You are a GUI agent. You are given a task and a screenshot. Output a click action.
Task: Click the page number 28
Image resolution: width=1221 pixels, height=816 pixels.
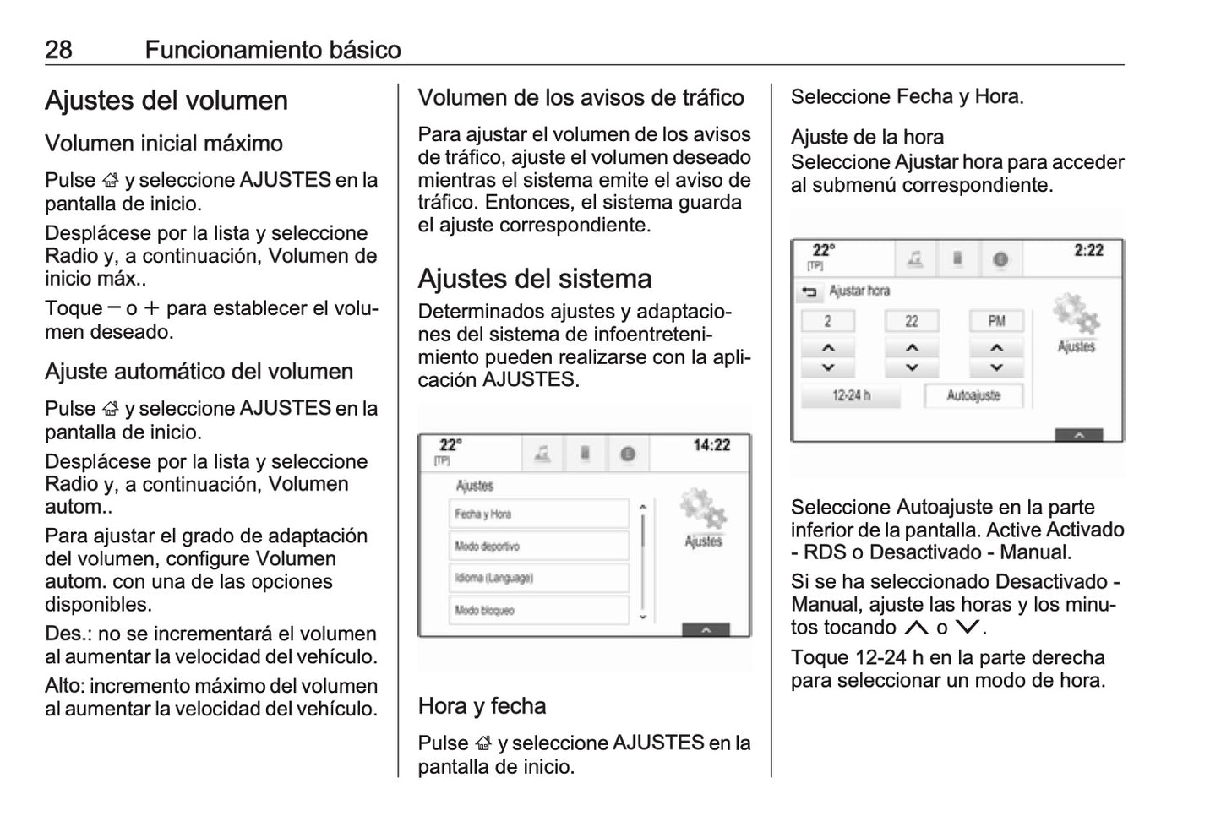(x=58, y=50)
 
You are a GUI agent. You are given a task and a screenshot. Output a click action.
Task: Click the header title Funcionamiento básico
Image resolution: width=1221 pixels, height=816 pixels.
(x=272, y=50)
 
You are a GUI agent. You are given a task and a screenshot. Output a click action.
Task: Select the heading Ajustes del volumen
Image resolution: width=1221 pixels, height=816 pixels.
(x=166, y=101)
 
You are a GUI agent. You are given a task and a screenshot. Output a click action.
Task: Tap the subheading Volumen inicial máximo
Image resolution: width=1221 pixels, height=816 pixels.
(x=164, y=144)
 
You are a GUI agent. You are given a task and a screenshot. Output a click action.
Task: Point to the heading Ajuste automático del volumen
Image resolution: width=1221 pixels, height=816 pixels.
(x=199, y=372)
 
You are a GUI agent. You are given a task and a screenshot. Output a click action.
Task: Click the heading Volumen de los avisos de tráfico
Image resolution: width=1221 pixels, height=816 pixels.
(x=581, y=98)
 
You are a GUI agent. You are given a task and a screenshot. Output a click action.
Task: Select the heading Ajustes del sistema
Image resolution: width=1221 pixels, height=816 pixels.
(x=534, y=279)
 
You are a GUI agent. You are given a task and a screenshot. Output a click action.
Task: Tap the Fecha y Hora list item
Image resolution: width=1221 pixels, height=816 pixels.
(x=538, y=514)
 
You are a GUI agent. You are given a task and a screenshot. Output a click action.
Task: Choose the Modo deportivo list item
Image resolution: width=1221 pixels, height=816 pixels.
(x=538, y=546)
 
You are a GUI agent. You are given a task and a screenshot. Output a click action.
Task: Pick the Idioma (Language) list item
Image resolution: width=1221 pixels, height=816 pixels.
(x=538, y=578)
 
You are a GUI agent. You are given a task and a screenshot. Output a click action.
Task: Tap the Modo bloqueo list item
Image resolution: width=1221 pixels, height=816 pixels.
(x=538, y=610)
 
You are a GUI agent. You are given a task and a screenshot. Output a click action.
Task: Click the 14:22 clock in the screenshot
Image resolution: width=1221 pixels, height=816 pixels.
(x=711, y=445)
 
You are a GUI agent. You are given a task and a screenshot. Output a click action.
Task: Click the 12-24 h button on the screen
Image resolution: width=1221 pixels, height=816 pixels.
(x=850, y=395)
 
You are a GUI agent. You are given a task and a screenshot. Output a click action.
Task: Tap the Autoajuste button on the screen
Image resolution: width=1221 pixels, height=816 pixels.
(x=973, y=395)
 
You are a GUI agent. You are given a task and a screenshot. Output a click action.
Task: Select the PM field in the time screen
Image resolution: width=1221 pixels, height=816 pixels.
(x=996, y=321)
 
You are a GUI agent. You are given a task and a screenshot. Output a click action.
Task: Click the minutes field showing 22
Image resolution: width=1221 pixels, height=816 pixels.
(x=911, y=321)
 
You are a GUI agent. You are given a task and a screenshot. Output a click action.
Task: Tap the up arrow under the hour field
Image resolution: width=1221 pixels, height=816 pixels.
(x=828, y=347)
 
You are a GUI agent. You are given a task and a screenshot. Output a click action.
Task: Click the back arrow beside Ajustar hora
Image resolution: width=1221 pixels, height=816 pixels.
(x=809, y=292)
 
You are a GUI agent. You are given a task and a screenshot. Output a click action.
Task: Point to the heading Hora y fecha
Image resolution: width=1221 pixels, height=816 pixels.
(x=482, y=706)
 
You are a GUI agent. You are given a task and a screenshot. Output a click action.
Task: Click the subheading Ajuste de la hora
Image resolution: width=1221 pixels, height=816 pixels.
(x=867, y=138)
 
